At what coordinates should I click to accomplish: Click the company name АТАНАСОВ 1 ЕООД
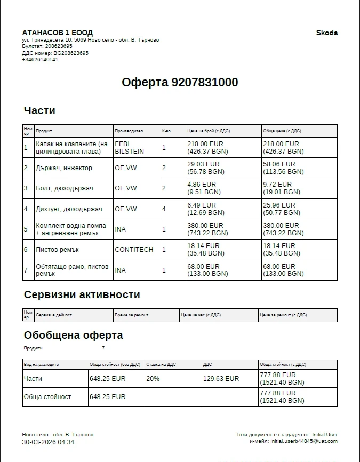coord(57,33)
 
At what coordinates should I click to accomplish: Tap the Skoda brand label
coord(326,33)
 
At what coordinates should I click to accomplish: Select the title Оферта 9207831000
coord(180,82)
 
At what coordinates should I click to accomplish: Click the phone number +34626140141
coord(40,60)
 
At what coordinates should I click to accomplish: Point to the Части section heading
coord(39,110)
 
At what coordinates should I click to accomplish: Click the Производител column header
coord(129,131)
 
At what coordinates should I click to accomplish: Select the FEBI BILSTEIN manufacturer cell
coord(129,148)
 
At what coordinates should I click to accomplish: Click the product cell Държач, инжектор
coord(64,168)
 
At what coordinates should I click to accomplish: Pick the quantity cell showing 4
coord(164,209)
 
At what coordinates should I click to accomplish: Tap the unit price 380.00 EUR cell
coord(205,226)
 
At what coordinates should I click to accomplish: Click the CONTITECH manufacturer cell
coord(134,250)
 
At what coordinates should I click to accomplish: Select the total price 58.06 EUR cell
coord(281,164)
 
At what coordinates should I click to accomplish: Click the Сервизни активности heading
coord(82,294)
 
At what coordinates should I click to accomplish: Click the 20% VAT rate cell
coord(153,378)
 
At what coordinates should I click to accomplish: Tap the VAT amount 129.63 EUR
coord(221,378)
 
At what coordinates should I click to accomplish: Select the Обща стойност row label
coord(47,397)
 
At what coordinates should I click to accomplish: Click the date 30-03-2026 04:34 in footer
coord(48,442)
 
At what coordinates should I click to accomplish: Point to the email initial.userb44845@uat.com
coord(304,441)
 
